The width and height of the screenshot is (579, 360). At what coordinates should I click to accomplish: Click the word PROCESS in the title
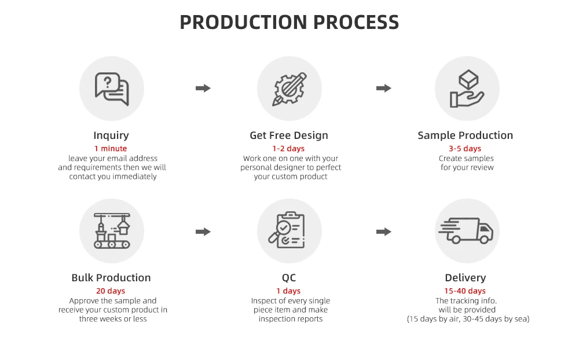[356, 23]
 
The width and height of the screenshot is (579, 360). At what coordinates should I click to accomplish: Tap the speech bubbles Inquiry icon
[111, 89]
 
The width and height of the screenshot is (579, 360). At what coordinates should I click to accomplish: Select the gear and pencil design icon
[289, 89]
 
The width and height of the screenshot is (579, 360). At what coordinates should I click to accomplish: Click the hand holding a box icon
[467, 89]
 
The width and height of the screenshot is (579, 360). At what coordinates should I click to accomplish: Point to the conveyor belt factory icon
[111, 231]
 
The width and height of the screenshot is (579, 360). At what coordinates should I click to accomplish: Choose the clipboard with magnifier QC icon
[289, 231]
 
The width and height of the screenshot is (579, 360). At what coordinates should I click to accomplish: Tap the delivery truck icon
[467, 231]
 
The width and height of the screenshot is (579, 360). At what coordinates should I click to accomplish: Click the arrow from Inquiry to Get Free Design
[203, 89]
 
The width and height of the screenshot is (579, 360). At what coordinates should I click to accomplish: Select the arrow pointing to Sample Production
[383, 89]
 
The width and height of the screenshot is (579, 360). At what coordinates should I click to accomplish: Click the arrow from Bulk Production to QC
[203, 232]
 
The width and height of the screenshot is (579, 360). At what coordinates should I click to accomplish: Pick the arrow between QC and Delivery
[383, 232]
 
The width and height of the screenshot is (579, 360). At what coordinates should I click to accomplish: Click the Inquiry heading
[111, 135]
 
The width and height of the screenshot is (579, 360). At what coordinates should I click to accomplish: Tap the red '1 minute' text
[111, 149]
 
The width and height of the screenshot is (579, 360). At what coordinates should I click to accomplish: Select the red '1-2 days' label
[288, 149]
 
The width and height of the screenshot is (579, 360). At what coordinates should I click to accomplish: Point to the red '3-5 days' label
[465, 149]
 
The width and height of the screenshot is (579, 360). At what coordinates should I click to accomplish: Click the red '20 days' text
[111, 291]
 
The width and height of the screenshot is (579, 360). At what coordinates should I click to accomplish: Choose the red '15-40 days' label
[465, 291]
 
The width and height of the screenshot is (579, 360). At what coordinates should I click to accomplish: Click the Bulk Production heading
[111, 278]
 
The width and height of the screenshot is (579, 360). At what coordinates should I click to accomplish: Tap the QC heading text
[289, 278]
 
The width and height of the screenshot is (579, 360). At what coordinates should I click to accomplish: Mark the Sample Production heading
[466, 135]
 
